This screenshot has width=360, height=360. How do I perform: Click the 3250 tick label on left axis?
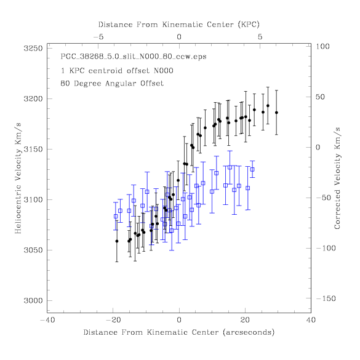tap(33, 49)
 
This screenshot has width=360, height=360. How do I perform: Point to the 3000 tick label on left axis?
tap(33, 300)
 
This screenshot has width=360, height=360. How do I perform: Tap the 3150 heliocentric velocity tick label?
tap(33, 150)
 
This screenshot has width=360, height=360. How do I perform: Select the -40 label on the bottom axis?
tap(47, 320)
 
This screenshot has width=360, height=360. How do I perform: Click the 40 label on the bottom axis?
tap(311, 320)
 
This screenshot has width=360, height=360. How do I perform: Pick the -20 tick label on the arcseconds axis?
tap(113, 320)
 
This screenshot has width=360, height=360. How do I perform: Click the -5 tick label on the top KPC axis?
tap(98, 37)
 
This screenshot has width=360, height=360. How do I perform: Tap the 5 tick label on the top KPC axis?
tap(260, 37)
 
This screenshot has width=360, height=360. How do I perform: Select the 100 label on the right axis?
tap(322, 46)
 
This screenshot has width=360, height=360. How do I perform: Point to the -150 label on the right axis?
tap(326, 298)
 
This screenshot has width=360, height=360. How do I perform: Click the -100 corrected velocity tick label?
tap(326, 248)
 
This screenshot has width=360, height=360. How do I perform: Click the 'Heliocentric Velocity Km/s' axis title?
tap(18, 178)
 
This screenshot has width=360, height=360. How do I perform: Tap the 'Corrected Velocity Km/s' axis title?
tap(337, 178)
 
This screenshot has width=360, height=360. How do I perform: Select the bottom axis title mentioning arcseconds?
tap(179, 332)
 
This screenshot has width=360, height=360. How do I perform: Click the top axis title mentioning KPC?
tap(179, 25)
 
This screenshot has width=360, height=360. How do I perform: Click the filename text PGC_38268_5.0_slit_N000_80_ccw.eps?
tap(134, 57)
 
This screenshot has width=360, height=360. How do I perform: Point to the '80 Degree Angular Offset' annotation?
tap(112, 83)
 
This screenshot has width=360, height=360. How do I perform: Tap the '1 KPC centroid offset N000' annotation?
tap(117, 70)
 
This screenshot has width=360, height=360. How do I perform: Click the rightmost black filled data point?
tap(276, 113)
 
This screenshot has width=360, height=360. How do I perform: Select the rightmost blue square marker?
tap(252, 169)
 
